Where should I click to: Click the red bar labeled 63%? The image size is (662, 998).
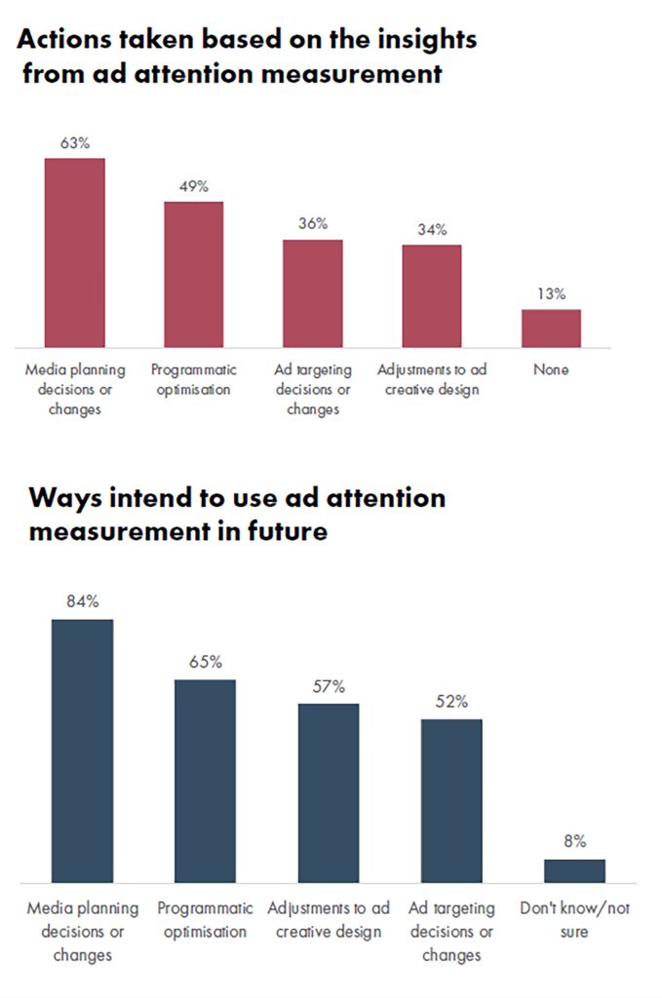(x=74, y=252)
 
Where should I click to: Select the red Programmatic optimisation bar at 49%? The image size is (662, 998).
(x=193, y=274)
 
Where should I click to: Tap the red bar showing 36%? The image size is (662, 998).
(x=313, y=293)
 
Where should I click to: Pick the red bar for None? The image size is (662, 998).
(x=551, y=328)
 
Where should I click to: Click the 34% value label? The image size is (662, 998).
(x=432, y=229)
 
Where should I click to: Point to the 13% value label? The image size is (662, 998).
(x=551, y=293)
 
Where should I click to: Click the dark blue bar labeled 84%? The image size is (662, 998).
(x=82, y=751)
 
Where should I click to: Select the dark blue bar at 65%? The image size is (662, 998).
(x=205, y=781)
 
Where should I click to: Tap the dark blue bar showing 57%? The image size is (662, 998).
(x=329, y=793)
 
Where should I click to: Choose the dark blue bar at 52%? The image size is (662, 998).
(x=451, y=801)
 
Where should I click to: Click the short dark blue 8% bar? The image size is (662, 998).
(x=575, y=870)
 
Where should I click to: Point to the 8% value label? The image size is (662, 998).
(x=575, y=841)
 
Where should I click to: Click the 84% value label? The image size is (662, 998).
(x=83, y=600)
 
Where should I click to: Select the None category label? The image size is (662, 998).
(x=551, y=369)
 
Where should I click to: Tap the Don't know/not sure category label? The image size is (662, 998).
(x=575, y=920)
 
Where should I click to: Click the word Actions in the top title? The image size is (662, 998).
(x=64, y=39)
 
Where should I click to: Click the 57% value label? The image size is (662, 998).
(x=329, y=686)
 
